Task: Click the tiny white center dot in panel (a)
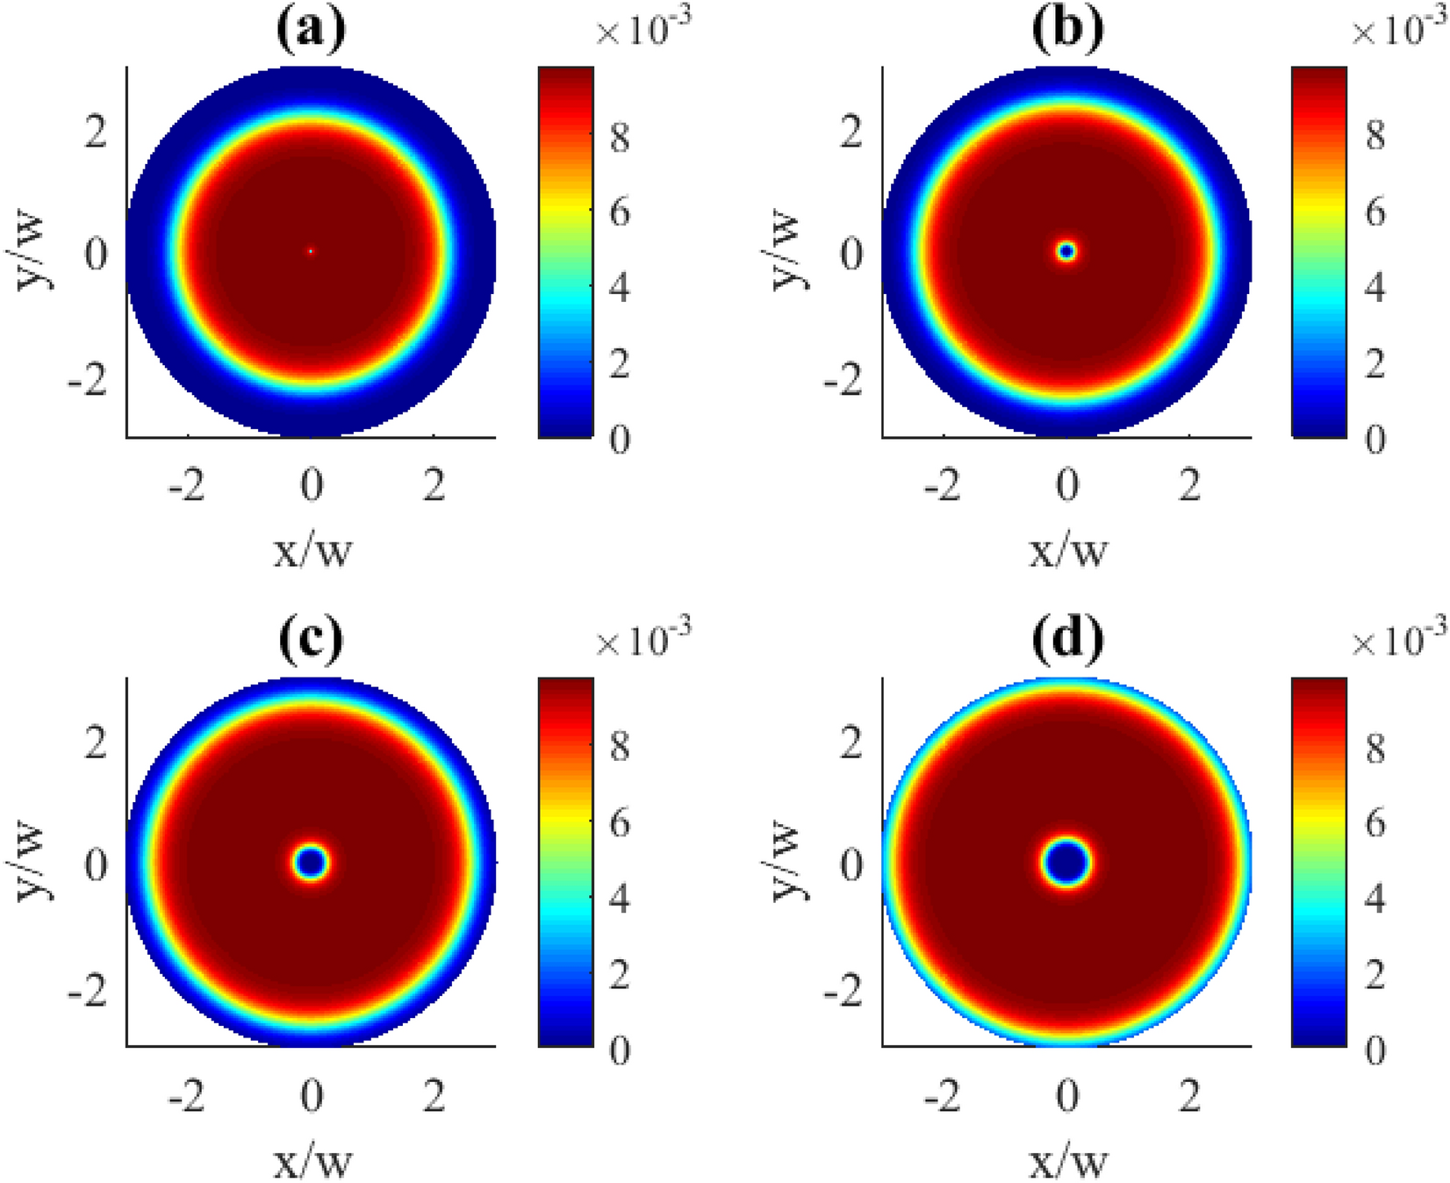coord(311,252)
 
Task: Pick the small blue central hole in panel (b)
coord(1066,252)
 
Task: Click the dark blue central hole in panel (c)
coord(311,863)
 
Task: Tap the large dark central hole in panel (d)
coord(1066,863)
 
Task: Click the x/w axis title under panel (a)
coord(312,551)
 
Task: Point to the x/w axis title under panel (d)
coord(1068,1162)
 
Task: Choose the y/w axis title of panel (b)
coord(795,249)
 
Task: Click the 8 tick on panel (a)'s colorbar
coord(620,138)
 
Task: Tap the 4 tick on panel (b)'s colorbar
coord(1375,288)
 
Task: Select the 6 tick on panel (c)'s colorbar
coord(620,824)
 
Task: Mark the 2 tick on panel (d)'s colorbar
coord(1375,975)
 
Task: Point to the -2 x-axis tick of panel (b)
coord(944,485)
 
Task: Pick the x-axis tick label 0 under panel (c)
coord(312,1096)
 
